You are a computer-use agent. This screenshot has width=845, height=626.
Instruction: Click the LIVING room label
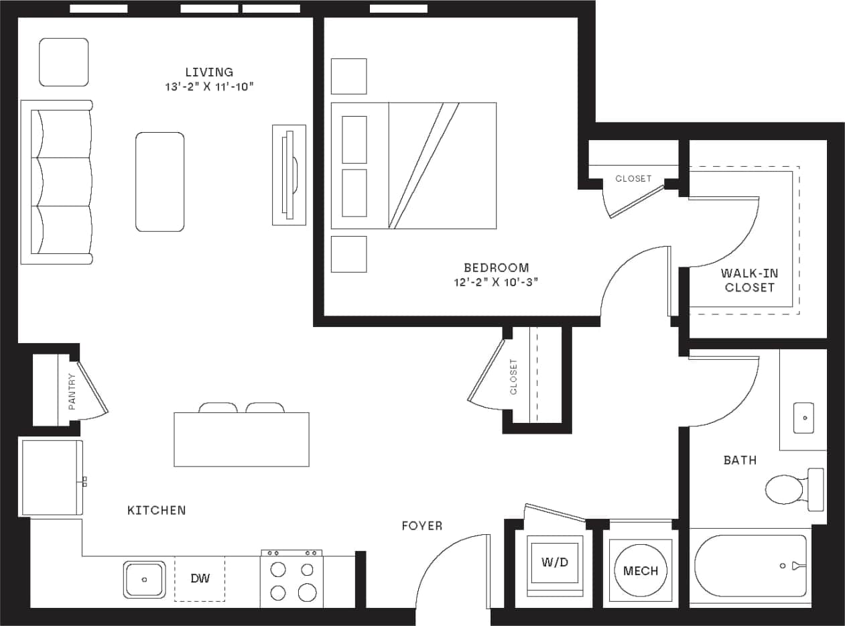tap(209, 72)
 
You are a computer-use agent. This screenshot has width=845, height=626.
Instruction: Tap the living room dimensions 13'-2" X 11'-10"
tap(209, 86)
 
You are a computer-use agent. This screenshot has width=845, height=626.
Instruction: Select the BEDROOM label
tap(496, 267)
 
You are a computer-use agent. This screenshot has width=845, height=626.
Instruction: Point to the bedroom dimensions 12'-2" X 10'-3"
tap(496, 282)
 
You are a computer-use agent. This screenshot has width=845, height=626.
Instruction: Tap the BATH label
tap(740, 460)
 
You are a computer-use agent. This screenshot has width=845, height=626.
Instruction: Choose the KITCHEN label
tap(156, 511)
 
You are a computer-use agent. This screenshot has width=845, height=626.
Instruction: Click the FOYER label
tap(421, 526)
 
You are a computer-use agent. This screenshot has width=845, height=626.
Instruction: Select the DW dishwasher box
tap(200, 578)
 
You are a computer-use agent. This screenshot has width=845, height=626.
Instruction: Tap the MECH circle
tap(641, 570)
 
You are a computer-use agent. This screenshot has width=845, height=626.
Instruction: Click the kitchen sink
tap(145, 579)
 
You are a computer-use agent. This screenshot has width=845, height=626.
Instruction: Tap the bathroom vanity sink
tap(803, 418)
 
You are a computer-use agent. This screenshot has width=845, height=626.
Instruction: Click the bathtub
tap(750, 566)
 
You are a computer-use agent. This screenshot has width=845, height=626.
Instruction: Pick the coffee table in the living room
tap(160, 182)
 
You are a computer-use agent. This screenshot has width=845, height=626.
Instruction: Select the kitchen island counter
tap(241, 439)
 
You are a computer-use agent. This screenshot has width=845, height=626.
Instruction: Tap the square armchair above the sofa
tap(64, 62)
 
